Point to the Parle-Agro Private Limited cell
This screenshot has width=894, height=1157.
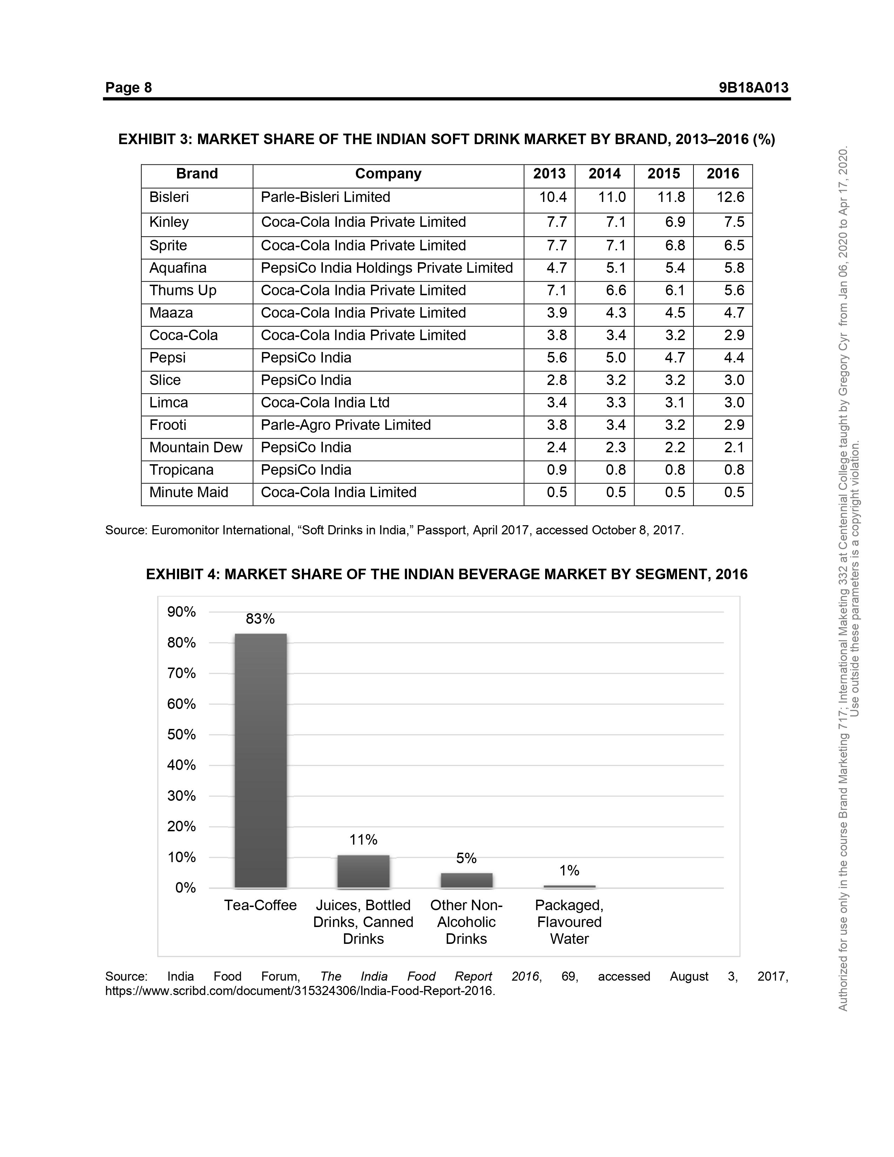pyautogui.click(x=345, y=425)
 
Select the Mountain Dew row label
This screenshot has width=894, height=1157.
pyautogui.click(x=195, y=448)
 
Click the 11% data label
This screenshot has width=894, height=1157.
pyautogui.click(x=363, y=840)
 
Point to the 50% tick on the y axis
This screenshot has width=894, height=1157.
pyautogui.click(x=182, y=735)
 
